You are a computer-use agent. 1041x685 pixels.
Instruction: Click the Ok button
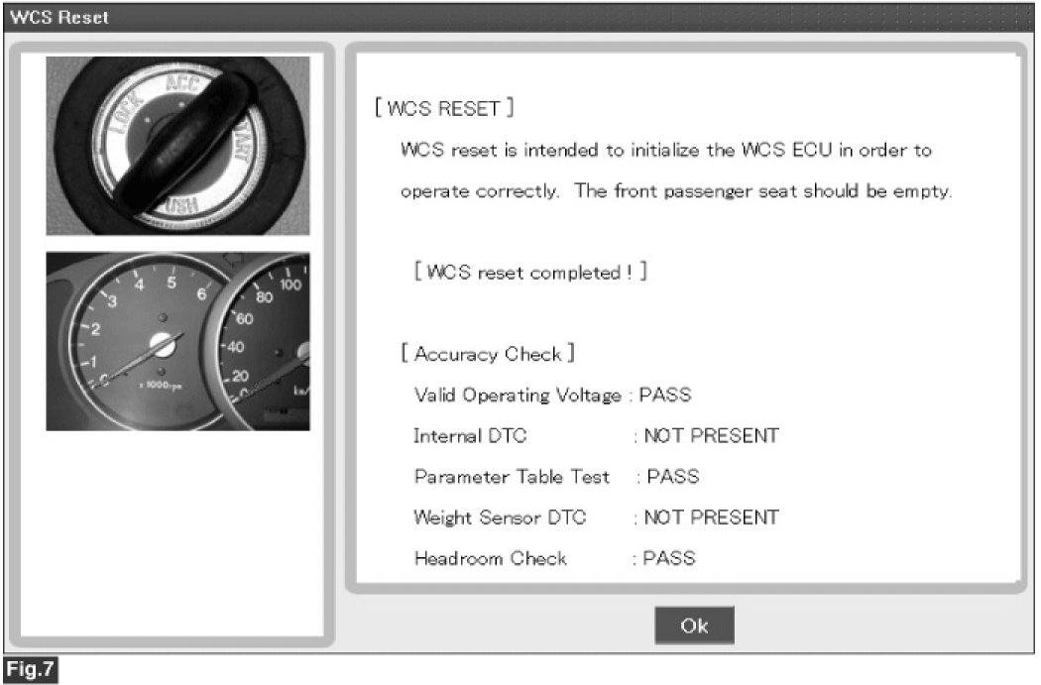tap(694, 625)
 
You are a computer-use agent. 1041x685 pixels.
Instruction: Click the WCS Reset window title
tap(59, 17)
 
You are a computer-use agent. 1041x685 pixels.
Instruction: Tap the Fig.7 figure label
tap(31, 669)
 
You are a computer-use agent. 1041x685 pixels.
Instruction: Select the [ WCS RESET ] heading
tap(444, 108)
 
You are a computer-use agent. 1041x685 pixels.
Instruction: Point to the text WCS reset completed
tap(523, 273)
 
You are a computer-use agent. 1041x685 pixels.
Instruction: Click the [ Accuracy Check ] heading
tap(488, 354)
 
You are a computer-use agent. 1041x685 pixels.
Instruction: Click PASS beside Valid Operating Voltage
tap(665, 395)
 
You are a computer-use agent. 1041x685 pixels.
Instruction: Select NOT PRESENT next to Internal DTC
tap(711, 436)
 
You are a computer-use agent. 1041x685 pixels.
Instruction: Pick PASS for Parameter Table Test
tap(672, 477)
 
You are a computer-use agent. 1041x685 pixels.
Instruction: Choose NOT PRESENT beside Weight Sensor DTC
tap(711, 517)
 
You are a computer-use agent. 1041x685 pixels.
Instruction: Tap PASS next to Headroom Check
tap(669, 558)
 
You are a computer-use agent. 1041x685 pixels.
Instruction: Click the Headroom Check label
tap(491, 559)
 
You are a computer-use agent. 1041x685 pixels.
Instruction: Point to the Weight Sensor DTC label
tap(500, 517)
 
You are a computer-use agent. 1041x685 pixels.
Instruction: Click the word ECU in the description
tap(812, 150)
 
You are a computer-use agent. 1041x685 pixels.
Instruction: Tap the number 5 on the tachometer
tap(172, 283)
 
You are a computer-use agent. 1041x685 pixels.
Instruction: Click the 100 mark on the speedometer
tap(290, 285)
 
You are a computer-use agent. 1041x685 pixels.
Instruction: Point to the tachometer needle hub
tap(162, 343)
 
